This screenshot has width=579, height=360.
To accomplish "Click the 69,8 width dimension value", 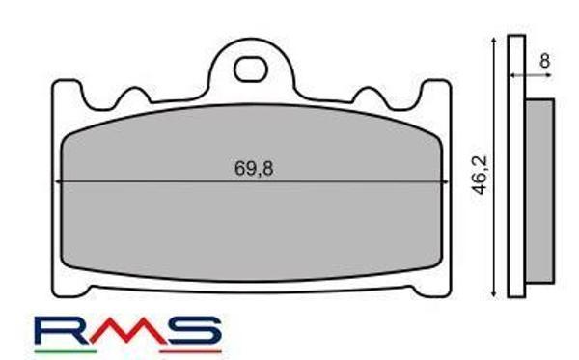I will coord(254,167).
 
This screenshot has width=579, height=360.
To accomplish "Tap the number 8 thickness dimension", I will coord(545,60).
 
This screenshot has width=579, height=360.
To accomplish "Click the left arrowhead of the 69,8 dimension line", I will coord(61,181).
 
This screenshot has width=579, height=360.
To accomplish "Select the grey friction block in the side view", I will coord(540,190).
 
